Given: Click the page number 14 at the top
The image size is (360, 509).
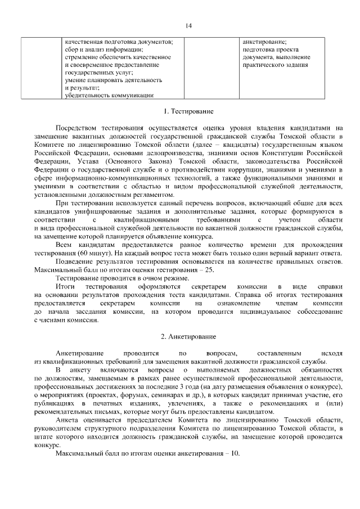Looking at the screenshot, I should (x=188, y=25).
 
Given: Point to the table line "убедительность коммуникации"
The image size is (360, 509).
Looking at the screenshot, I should (x=109, y=95).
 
